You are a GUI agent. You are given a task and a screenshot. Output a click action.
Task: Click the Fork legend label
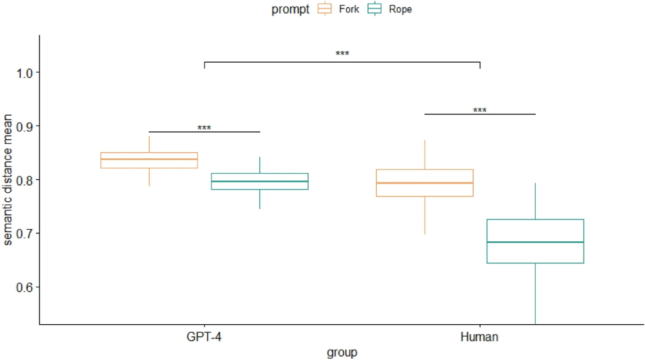(349, 9)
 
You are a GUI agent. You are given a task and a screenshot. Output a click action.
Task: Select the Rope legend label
(400, 9)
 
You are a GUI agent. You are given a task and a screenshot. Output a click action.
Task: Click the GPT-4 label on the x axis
(204, 337)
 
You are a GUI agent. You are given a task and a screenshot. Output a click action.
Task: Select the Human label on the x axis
(480, 337)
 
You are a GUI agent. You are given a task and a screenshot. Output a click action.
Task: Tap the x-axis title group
(342, 352)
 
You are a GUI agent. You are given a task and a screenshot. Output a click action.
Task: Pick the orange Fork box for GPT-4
(149, 160)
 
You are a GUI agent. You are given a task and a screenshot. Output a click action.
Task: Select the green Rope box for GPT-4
(260, 181)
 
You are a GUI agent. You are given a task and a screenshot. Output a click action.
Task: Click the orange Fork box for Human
(425, 183)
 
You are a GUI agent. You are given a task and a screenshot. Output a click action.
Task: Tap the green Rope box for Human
(535, 241)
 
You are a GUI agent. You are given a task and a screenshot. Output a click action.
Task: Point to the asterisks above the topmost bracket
(342, 54)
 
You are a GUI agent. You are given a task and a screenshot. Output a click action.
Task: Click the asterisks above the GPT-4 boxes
(204, 128)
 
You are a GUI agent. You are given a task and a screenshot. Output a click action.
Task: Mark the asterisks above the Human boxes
(480, 110)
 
